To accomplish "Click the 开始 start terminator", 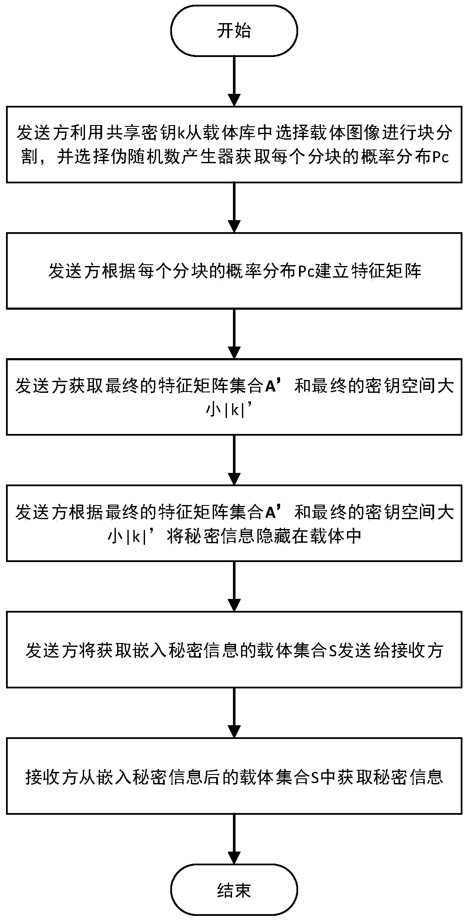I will (x=234, y=31).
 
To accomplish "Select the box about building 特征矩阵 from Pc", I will (x=234, y=271).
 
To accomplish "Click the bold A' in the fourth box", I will (x=274, y=512).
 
